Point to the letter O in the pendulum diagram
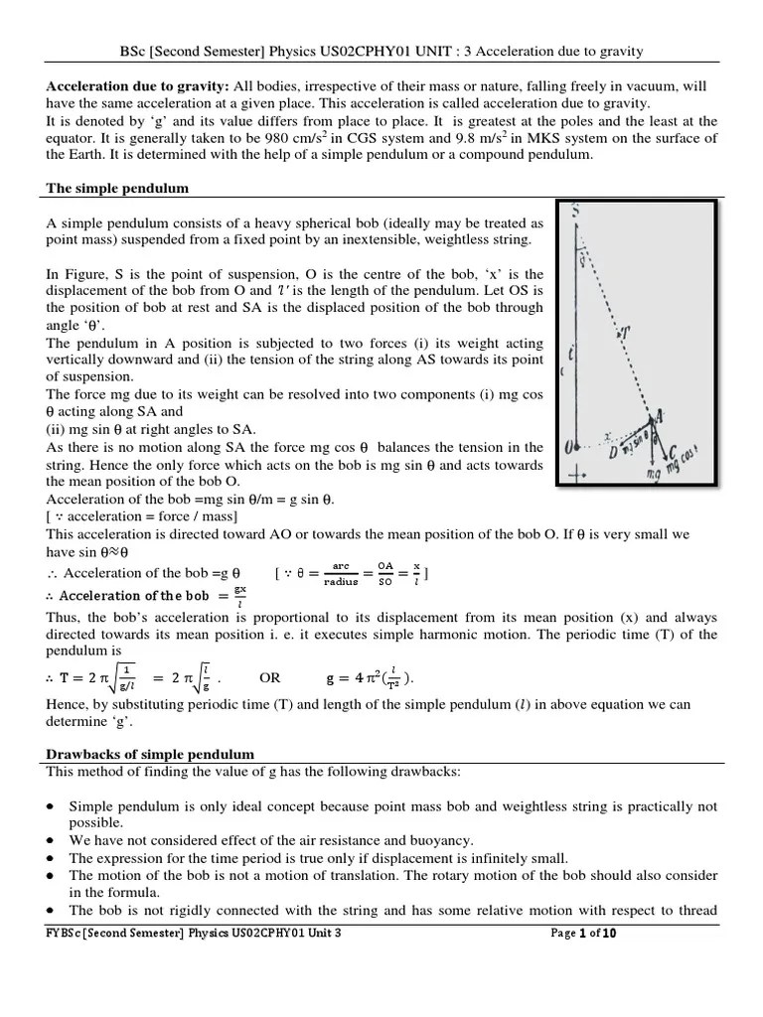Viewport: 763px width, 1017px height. pos(569,449)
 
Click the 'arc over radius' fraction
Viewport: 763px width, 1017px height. pos(341,575)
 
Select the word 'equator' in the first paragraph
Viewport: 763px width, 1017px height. pos(72,139)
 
